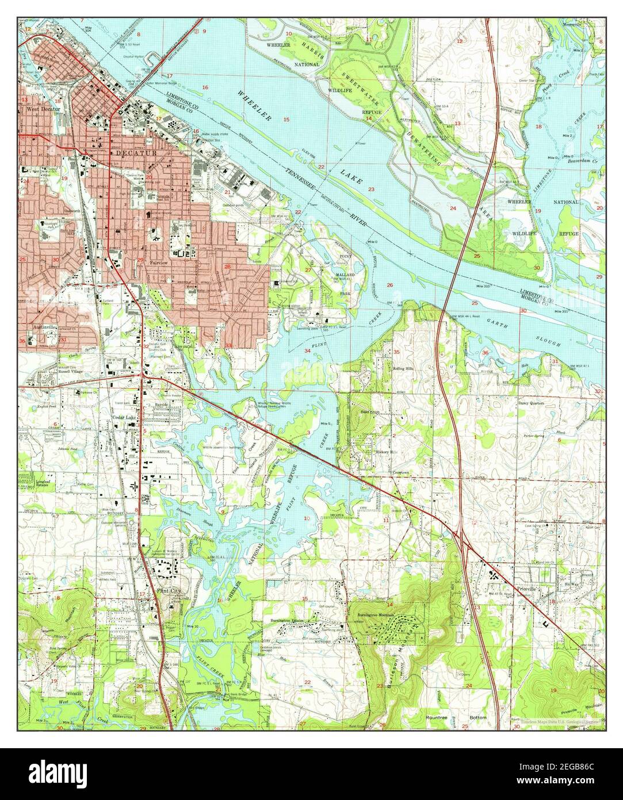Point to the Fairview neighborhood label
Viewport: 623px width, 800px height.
158,262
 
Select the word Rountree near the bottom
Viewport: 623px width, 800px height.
436,718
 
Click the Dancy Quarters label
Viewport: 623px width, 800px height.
530,403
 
